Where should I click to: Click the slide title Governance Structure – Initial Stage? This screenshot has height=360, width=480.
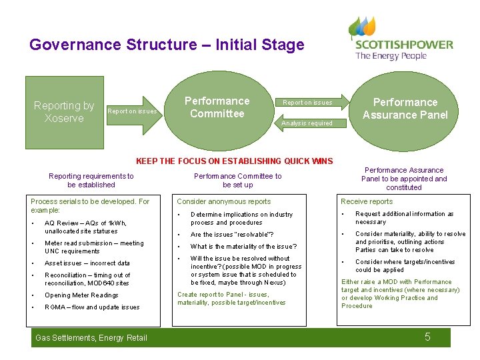pos(167,45)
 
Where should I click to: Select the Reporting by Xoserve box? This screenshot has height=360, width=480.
pos(64,112)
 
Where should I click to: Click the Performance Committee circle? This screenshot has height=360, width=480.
pos(217,108)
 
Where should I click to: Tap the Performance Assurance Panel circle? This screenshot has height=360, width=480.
pos(405,109)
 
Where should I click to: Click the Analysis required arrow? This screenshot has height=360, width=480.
pos(307,123)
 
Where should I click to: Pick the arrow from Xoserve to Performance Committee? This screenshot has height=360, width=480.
pos(133,111)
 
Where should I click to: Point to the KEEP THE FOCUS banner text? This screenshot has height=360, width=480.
pos(234,161)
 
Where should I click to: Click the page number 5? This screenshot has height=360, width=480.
pos(427,337)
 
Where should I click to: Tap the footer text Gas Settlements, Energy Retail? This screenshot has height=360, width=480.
pos(90,338)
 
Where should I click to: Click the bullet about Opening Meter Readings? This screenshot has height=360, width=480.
pos(81,295)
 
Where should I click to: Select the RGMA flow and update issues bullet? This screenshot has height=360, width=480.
pos(92,307)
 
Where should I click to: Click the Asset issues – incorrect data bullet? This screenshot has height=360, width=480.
pos(87,263)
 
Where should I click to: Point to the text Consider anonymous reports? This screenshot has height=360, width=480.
pos(223,201)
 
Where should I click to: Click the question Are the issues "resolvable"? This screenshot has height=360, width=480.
pos(232,235)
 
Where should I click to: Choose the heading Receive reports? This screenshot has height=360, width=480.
pos(367,201)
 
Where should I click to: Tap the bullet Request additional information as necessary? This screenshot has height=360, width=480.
pos(404,218)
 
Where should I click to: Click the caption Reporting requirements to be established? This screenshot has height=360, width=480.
pos(91,181)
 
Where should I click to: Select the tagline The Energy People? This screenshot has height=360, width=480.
pos(391,56)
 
